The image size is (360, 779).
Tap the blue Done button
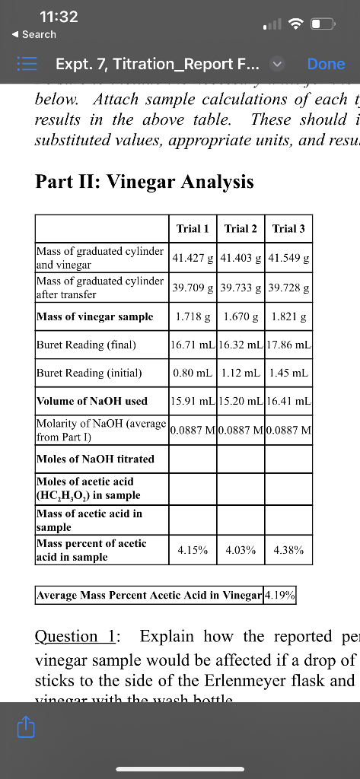pyautogui.click(x=326, y=64)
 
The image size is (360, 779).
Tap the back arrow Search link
pyautogui.click(x=32, y=34)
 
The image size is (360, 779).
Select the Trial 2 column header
pyautogui.click(x=241, y=228)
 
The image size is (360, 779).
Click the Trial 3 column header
pyautogui.click(x=288, y=228)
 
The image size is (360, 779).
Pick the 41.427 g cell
pyautogui.click(x=193, y=258)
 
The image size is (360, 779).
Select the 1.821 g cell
pyautogui.click(x=288, y=316)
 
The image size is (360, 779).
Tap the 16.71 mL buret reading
pyautogui.click(x=193, y=345)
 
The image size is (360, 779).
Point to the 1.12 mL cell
pyautogui.click(x=241, y=373)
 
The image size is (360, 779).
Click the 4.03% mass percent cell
pyautogui.click(x=241, y=550)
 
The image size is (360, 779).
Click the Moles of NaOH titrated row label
pyautogui.click(x=95, y=459)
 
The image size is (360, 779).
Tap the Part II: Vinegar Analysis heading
pyautogui.click(x=145, y=183)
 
